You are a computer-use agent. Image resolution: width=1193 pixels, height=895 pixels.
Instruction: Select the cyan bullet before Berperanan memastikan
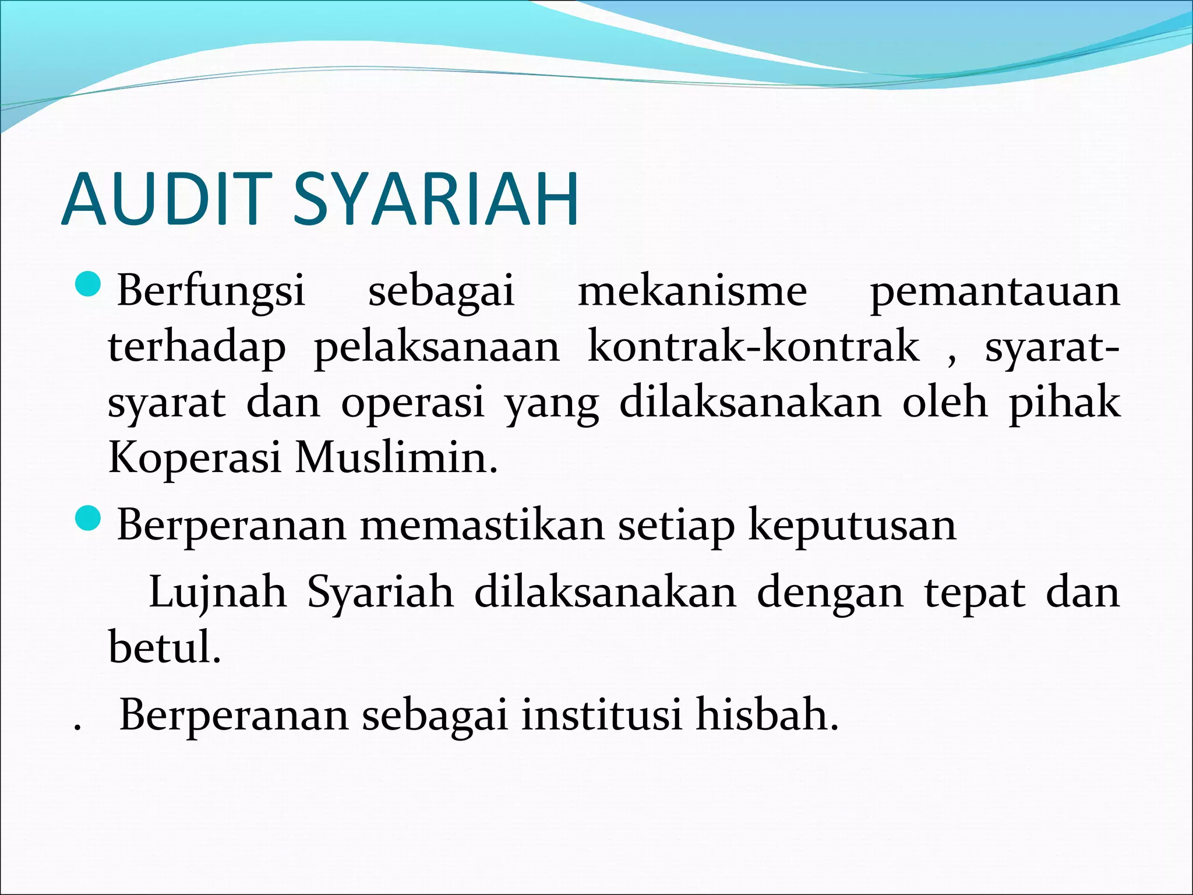click(x=89, y=518)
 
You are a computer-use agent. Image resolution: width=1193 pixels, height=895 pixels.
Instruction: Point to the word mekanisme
click(x=692, y=291)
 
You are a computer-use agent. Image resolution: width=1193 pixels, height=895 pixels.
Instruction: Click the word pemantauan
click(x=994, y=291)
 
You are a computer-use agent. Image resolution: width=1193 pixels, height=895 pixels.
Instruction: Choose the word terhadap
click(x=197, y=348)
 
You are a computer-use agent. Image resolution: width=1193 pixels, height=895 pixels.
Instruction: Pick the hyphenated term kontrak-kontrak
click(x=753, y=347)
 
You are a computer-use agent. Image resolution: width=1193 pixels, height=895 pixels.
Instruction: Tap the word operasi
click(x=412, y=403)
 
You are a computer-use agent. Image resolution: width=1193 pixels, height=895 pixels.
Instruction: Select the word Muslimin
click(x=396, y=458)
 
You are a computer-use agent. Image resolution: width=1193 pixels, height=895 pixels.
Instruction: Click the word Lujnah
click(x=218, y=593)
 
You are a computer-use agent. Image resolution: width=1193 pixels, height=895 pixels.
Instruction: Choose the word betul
click(x=164, y=647)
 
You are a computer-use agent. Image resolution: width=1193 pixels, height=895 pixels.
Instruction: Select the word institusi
click(x=601, y=715)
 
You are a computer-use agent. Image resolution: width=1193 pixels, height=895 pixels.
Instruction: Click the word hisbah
click(x=767, y=715)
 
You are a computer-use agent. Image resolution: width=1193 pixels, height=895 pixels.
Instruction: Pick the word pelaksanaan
click(x=437, y=348)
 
